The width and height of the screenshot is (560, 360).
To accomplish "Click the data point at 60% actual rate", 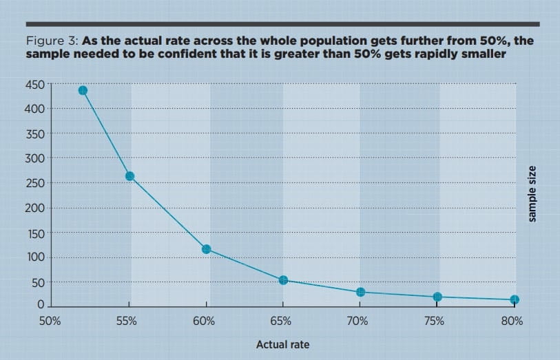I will tap(206, 249).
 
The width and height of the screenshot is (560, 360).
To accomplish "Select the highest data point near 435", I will tap(83, 90).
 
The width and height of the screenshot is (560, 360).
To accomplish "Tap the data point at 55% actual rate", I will tap(129, 176).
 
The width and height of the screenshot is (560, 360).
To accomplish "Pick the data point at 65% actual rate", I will tap(282, 280).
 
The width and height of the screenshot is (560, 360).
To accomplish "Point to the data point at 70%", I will tap(360, 292).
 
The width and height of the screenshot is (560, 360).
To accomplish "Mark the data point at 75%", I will tap(437, 297).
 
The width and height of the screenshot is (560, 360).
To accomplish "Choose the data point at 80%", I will tap(514, 299).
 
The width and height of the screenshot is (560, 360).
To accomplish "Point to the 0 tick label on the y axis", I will tap(41, 304).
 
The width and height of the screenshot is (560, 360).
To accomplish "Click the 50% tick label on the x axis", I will tap(50, 321).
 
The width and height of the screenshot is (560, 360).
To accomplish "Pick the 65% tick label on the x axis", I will tap(281, 321).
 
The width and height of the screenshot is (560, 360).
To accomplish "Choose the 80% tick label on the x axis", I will tap(512, 321).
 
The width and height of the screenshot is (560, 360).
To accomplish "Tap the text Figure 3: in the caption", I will tap(52, 41).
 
